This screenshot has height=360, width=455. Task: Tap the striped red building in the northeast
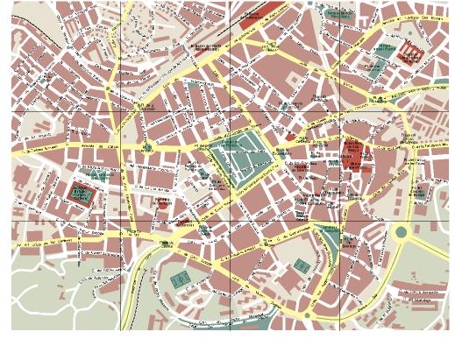tap(409, 54)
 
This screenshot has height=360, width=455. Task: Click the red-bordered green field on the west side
tap(82, 192)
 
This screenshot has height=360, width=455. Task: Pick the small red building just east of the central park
tap(288, 137)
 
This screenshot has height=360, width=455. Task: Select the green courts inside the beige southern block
tap(301, 265)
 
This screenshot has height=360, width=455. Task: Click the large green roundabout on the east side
tap(402, 233)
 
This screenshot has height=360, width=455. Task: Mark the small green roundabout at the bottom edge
tap(308, 314)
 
